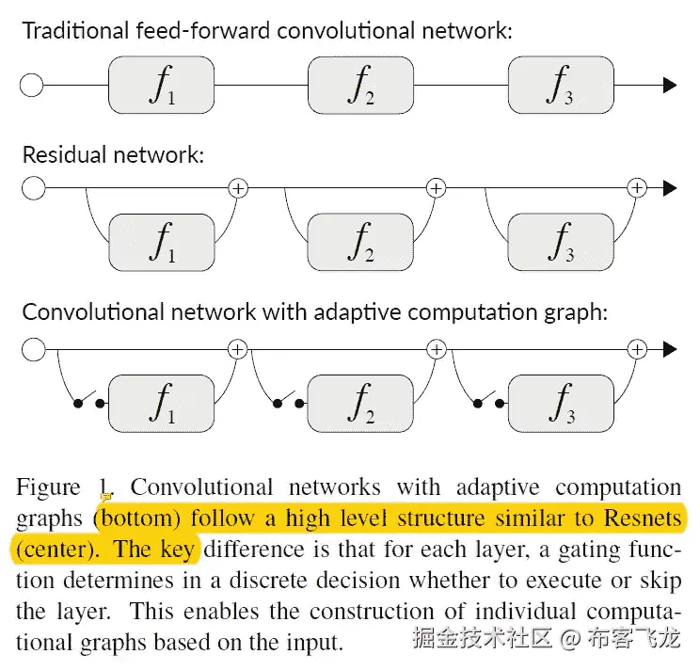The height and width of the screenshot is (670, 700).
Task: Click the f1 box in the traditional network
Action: (162, 85)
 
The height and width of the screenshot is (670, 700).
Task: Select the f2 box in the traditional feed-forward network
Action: (360, 85)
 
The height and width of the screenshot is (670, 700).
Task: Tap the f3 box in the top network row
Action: (560, 85)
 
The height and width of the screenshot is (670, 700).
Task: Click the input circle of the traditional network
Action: (32, 86)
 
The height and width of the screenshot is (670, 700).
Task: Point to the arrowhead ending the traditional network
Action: (670, 86)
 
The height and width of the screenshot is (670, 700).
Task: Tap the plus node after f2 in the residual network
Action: (436, 188)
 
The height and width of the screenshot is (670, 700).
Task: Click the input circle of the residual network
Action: (33, 188)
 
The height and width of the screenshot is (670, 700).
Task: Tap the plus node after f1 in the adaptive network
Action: (238, 350)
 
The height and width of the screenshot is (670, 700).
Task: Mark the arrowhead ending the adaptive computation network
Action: (670, 350)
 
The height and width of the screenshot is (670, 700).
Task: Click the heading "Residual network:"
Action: (113, 154)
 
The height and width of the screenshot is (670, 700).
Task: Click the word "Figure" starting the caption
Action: (49, 487)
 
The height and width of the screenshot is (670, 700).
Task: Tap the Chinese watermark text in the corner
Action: (546, 640)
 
